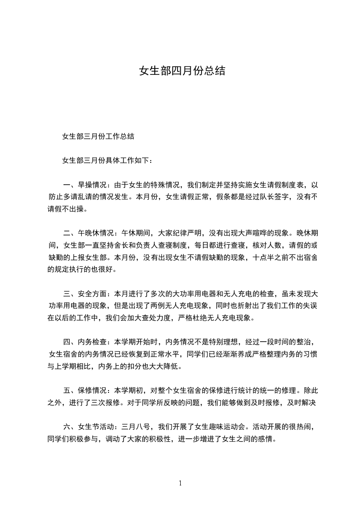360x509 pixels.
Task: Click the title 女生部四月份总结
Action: (x=182, y=71)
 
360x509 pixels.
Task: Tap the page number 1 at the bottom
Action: (x=180, y=483)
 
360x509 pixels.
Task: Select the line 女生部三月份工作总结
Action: (x=98, y=136)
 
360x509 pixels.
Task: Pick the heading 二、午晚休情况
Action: (x=89, y=233)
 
